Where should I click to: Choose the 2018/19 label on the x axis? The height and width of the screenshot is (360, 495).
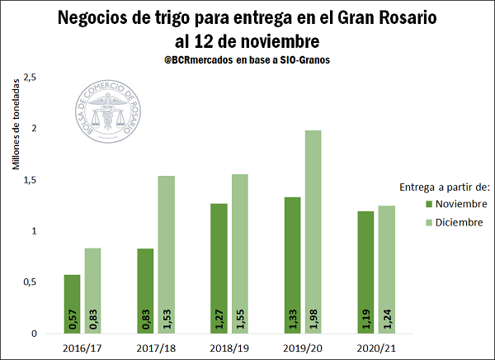229,348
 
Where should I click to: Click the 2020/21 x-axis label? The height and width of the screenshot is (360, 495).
375,348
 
